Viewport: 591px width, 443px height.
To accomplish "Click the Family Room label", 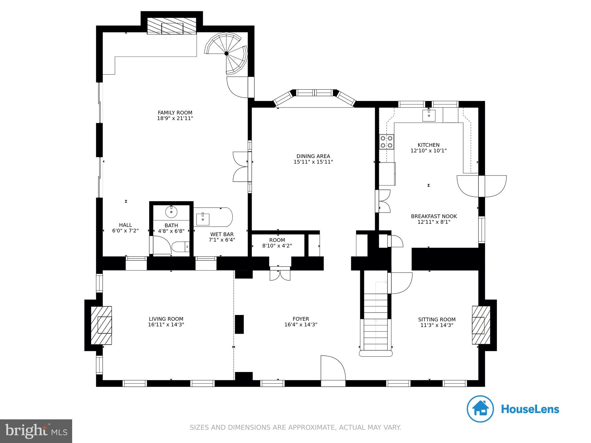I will pyautogui.click(x=175, y=113).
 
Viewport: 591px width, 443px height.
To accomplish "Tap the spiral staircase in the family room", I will pyautogui.click(x=227, y=53).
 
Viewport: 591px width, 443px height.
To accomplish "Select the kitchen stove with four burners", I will pyautogui.click(x=386, y=142).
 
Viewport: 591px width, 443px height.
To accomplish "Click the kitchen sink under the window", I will pyautogui.click(x=429, y=116).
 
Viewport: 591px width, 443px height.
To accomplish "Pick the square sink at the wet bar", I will pyautogui.click(x=203, y=219).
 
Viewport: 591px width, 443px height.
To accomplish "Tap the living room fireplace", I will pyautogui.click(x=102, y=325).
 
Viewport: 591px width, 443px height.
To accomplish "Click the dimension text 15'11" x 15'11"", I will pyautogui.click(x=313, y=162).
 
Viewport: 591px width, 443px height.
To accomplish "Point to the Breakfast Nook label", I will pyautogui.click(x=434, y=216).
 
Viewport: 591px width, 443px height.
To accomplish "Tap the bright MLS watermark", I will pyautogui.click(x=36, y=431).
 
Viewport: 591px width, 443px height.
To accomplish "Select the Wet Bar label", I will pyautogui.click(x=222, y=234).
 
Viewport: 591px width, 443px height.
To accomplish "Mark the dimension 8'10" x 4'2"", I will pyautogui.click(x=277, y=246).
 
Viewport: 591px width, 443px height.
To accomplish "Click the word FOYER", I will pyautogui.click(x=301, y=319).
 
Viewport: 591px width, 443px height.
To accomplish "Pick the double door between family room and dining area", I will pyautogui.click(x=241, y=167).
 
